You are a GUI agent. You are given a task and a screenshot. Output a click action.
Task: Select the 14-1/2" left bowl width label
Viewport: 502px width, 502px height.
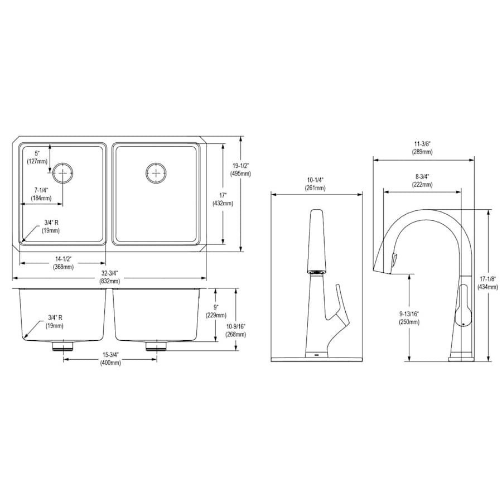[x=63, y=263]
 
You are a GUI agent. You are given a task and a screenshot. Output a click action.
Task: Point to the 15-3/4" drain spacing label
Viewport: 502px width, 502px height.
[x=110, y=359]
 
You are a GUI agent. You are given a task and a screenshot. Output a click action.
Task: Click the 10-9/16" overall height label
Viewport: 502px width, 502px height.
[x=235, y=330]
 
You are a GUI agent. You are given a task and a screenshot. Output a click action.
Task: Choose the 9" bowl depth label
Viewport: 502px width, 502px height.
[x=216, y=311]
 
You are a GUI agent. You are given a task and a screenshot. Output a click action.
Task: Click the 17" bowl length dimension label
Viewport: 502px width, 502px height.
[x=223, y=199]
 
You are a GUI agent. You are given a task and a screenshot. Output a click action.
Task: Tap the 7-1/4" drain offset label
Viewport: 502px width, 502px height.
[x=41, y=194]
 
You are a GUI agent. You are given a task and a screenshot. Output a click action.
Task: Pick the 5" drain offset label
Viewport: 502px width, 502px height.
[x=37, y=157]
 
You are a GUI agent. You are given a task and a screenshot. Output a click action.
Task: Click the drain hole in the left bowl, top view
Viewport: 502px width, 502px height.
[x=63, y=173]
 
